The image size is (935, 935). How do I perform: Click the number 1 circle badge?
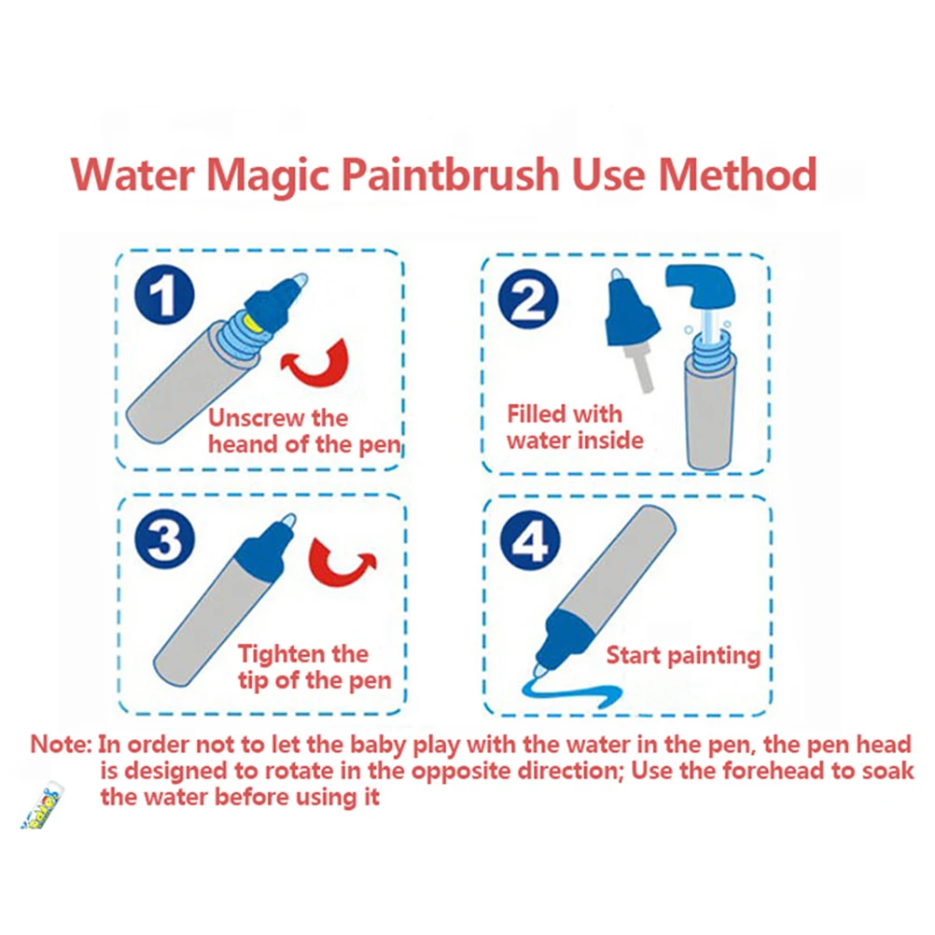coord(164,295)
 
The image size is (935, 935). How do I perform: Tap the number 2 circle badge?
coord(528,299)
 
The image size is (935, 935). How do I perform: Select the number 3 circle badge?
coord(164,539)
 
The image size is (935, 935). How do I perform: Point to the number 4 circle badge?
coord(529,540)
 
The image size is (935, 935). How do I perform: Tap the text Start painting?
coord(683,656)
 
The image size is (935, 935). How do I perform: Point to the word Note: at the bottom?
coord(61,745)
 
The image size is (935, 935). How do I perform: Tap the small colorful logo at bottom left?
coord(42,808)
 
